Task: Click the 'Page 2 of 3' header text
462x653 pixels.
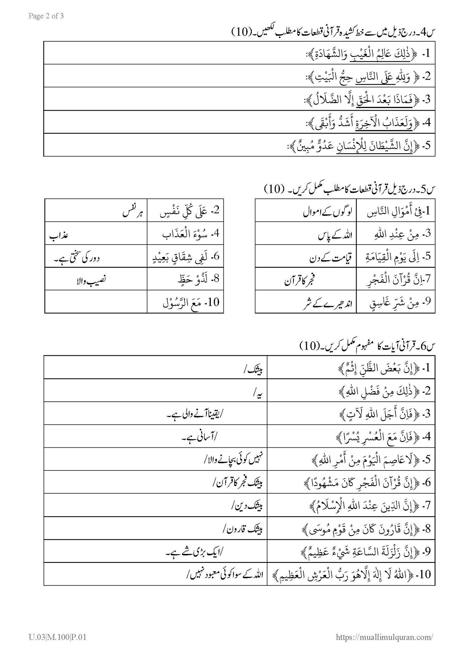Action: pyautogui.click(x=46, y=16)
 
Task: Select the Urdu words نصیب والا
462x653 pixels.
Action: pyautogui.click(x=89, y=280)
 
